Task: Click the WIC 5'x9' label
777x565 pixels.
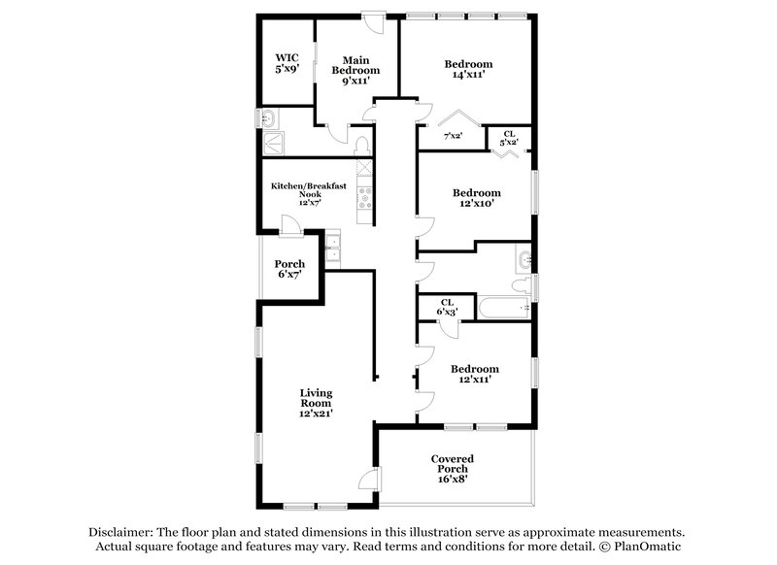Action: [x=287, y=64]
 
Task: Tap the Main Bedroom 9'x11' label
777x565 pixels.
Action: [x=355, y=71]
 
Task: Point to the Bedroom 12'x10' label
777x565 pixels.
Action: [x=476, y=198]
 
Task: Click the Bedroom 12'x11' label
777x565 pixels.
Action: [x=476, y=374]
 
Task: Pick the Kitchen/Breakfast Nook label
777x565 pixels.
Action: [x=308, y=192]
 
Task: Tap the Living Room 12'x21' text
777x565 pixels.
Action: [x=316, y=402]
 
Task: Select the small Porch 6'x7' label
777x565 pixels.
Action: [x=289, y=270]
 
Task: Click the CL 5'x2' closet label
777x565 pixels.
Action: [x=508, y=138]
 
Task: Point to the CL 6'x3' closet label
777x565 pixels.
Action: [x=448, y=307]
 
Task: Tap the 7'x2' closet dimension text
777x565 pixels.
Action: [x=454, y=137]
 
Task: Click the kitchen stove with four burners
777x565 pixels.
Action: [x=366, y=199]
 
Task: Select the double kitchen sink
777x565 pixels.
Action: [x=332, y=249]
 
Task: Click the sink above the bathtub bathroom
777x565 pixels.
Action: [x=524, y=260]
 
